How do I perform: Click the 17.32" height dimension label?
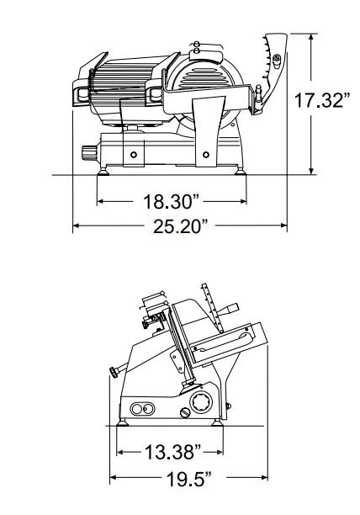(322, 100)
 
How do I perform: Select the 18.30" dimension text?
(172, 201)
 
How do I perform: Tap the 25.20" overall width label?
(181, 226)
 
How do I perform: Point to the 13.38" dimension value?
(173, 452)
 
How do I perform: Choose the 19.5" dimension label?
(189, 479)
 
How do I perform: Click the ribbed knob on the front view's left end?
(89, 152)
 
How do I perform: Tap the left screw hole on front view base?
(134, 154)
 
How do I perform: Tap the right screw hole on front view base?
(206, 154)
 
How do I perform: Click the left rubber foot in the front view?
(103, 172)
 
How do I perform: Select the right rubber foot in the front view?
(240, 172)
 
